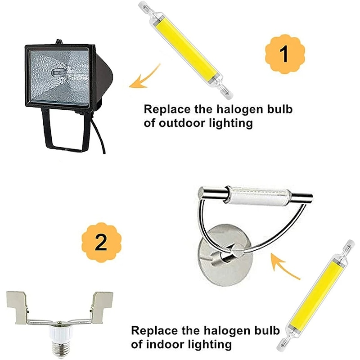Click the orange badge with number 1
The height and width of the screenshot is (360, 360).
pos(285,54)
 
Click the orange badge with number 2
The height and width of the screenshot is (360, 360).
pos(101,242)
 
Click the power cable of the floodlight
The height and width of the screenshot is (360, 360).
pos(99,135)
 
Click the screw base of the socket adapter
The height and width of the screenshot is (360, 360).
pos(60,349)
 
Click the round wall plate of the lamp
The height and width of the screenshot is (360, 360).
pos(225,255)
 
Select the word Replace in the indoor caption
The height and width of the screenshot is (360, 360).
pos(155,331)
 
